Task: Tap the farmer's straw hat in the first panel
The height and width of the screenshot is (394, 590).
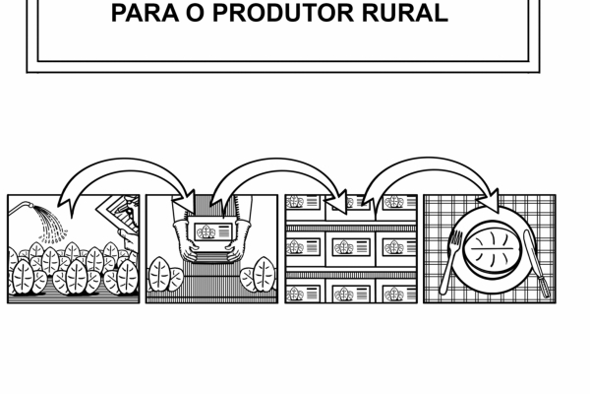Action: pos(123,209)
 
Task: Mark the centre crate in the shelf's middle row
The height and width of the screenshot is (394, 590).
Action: pos(351,246)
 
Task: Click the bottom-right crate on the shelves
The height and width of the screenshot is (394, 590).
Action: pos(394,294)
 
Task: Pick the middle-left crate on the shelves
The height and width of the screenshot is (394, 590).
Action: pos(302,246)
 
